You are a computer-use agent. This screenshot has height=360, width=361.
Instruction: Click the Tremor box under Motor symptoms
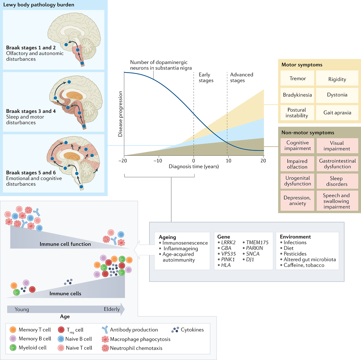coord(298,79)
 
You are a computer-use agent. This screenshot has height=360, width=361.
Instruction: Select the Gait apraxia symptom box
coord(337,113)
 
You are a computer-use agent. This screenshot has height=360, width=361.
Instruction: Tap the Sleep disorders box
coord(337,181)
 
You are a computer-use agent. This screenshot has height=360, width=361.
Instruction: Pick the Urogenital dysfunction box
coord(298,181)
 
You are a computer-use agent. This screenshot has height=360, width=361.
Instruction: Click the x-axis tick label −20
coord(122,161)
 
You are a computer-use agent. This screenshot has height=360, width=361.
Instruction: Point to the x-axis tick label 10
coord(228,161)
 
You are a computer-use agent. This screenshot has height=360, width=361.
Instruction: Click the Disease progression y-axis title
coord(120,114)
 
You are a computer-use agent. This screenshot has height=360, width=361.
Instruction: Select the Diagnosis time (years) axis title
coord(194,166)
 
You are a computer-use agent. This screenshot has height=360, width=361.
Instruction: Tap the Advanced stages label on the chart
coord(241,78)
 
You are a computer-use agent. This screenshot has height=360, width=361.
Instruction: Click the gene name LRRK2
coord(228,243)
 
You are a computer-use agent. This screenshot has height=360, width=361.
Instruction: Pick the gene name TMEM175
coord(257,243)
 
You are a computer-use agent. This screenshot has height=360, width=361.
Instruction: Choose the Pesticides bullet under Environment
coord(295,254)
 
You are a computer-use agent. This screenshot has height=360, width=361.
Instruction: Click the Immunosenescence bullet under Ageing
coord(185,243)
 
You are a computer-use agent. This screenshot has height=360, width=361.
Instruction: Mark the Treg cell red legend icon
coord(61,330)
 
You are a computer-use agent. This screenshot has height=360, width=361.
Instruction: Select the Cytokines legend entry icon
coord(175,330)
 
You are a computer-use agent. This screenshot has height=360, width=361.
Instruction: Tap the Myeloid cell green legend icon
coord(13,348)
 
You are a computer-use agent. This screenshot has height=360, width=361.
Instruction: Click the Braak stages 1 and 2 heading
coord(31,48)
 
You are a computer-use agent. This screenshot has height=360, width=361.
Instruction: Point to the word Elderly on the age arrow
coord(112,309)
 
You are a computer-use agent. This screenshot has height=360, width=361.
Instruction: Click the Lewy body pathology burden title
coord(39,5)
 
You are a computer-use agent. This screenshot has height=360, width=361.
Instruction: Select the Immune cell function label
coord(65,244)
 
